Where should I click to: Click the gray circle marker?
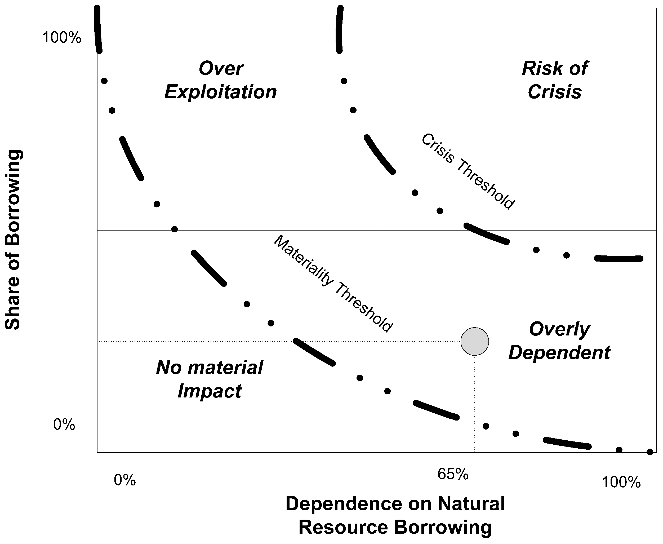[474, 341]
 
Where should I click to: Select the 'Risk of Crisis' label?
[555, 80]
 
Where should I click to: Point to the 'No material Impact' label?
[210, 379]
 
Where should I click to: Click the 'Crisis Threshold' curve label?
[468, 171]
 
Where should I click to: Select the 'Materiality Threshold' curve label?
[333, 284]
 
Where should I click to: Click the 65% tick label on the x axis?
[453, 474]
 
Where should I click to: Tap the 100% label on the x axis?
[621, 482]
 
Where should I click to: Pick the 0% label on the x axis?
[125, 480]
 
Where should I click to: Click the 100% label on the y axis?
[62, 38]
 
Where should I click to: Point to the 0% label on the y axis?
[64, 424]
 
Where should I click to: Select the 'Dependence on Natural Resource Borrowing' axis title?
[395, 515]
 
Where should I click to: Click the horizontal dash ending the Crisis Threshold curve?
[619, 259]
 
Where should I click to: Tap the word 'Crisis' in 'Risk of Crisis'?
[555, 92]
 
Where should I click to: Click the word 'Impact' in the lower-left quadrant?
[210, 391]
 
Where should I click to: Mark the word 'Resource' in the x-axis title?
[343, 527]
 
